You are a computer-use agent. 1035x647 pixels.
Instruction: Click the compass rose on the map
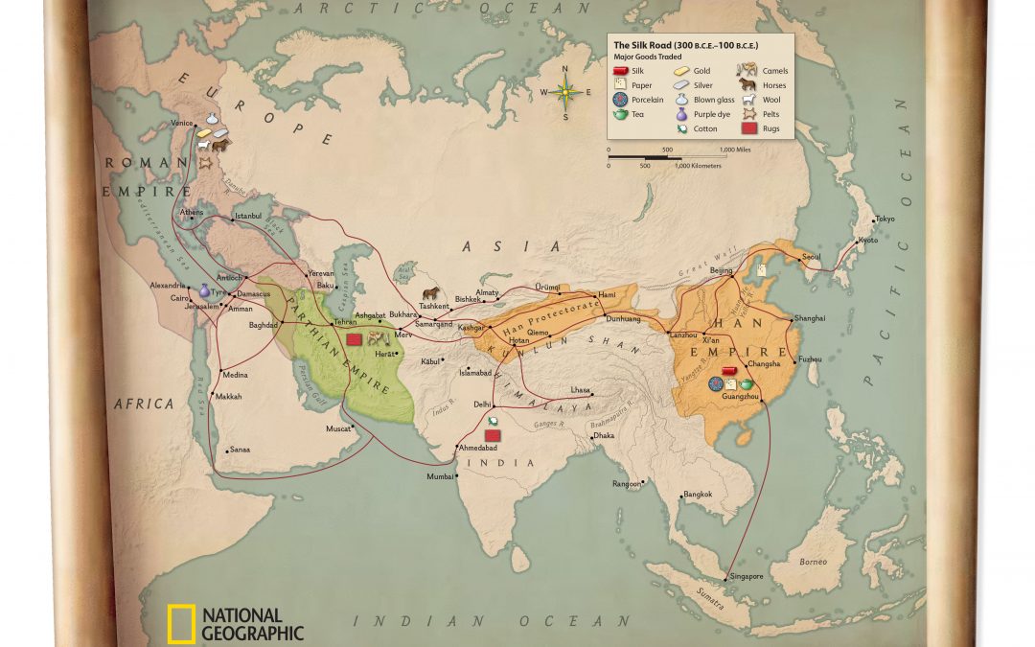pyautogui.click(x=565, y=93)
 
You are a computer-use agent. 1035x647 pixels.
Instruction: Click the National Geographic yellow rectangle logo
pyautogui.click(x=182, y=623)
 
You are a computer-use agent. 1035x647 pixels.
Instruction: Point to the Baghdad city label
pyautogui.click(x=263, y=325)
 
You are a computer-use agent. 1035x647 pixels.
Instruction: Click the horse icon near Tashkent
pyautogui.click(x=430, y=292)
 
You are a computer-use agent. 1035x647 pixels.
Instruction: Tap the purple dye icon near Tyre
pyautogui.click(x=204, y=289)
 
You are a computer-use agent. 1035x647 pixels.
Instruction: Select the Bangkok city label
pyautogui.click(x=698, y=495)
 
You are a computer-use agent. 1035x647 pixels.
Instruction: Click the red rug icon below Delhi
pyautogui.click(x=493, y=435)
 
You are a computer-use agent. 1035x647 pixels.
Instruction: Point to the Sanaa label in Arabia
pyautogui.click(x=241, y=450)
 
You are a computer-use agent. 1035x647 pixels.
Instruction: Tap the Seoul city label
pyautogui.click(x=811, y=257)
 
